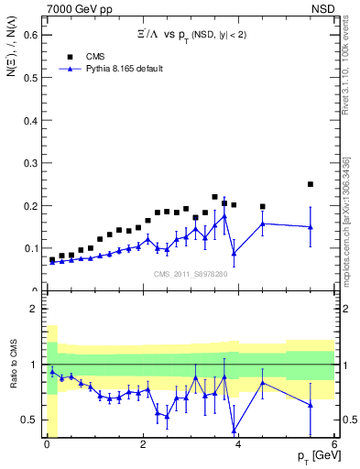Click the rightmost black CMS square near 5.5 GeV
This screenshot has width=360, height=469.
coord(311,184)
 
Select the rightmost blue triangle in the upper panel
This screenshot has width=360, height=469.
coord(311,227)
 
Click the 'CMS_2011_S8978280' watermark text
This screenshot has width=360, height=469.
coord(190,274)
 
